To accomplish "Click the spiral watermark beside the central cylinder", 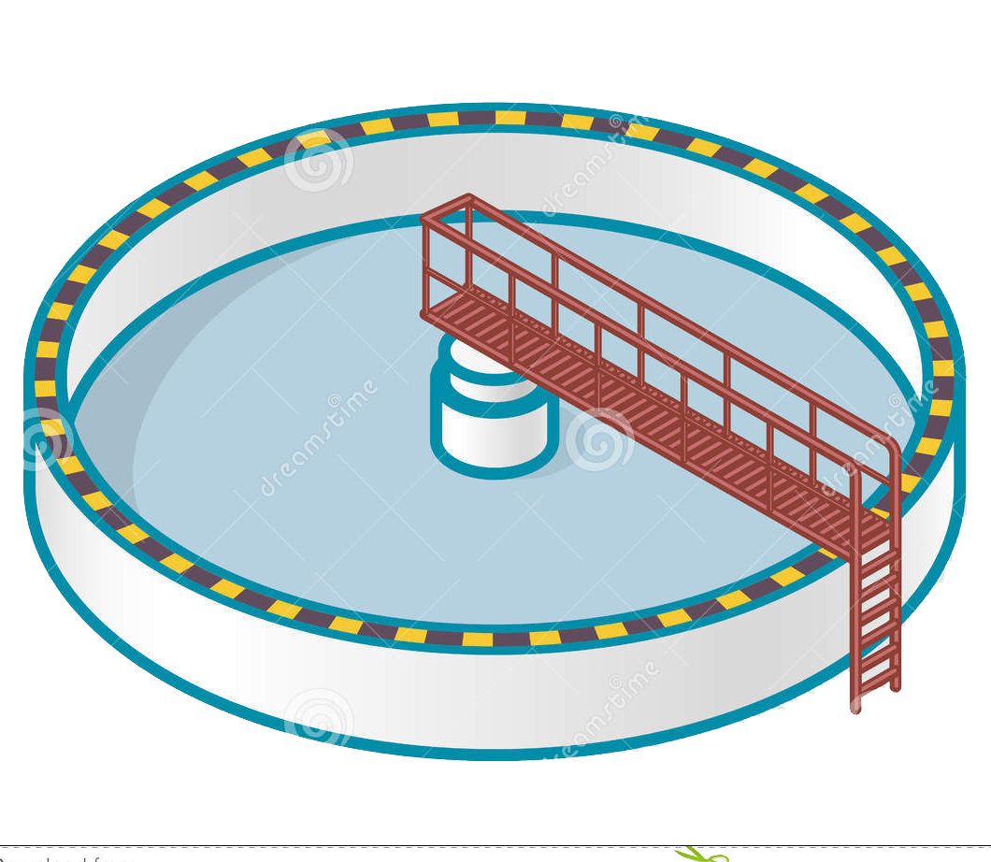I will [598, 439].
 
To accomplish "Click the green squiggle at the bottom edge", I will [701, 854].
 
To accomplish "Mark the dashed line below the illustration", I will [374, 847].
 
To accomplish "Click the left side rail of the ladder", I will [855, 598].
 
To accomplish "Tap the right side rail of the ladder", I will [897, 580].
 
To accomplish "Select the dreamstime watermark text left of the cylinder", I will [318, 439].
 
